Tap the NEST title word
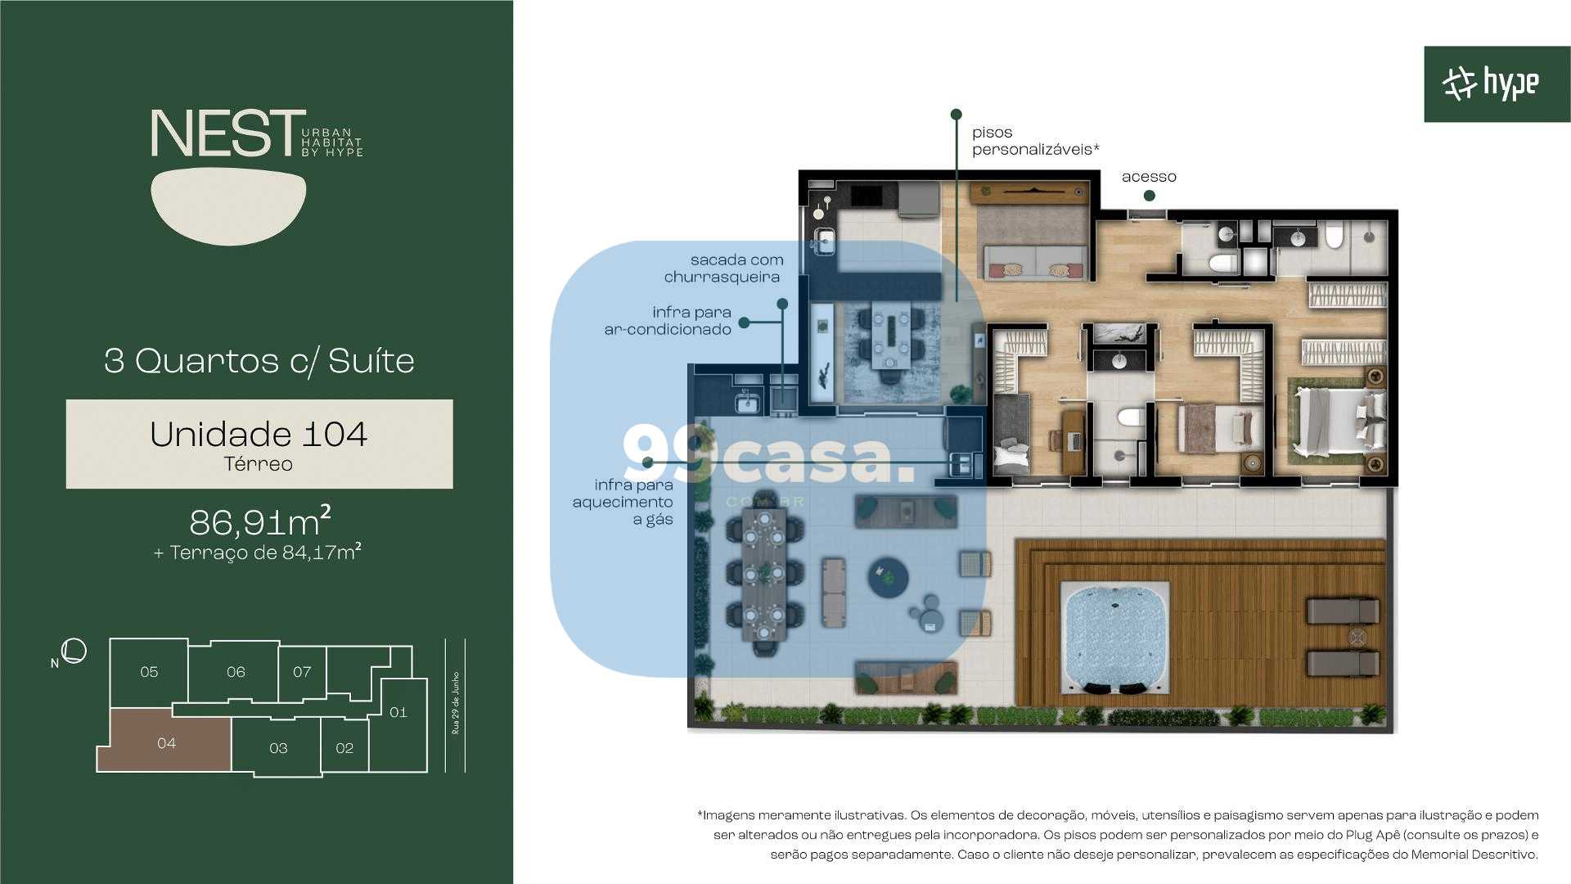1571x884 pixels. pyautogui.click(x=223, y=133)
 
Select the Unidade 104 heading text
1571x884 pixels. pyautogui.click(x=259, y=434)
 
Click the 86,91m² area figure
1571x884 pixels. pyautogui.click(x=259, y=521)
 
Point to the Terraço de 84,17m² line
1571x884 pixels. pyautogui.click(x=258, y=552)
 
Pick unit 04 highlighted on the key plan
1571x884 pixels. pyautogui.click(x=166, y=742)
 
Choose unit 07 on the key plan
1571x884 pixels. pyautogui.click(x=302, y=672)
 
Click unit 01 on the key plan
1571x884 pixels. pyautogui.click(x=398, y=712)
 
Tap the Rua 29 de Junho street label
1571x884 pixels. pyautogui.click(x=456, y=703)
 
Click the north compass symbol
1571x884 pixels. pyautogui.click(x=74, y=651)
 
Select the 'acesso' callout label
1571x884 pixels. pyautogui.click(x=1149, y=177)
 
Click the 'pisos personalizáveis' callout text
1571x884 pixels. pyautogui.click(x=1034, y=141)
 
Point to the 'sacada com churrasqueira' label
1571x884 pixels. pyautogui.click(x=723, y=268)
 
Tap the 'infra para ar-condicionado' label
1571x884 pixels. pyautogui.click(x=668, y=321)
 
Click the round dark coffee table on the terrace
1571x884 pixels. pyautogui.click(x=888, y=578)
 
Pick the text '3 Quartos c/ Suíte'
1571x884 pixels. pyautogui.click(x=259, y=361)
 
